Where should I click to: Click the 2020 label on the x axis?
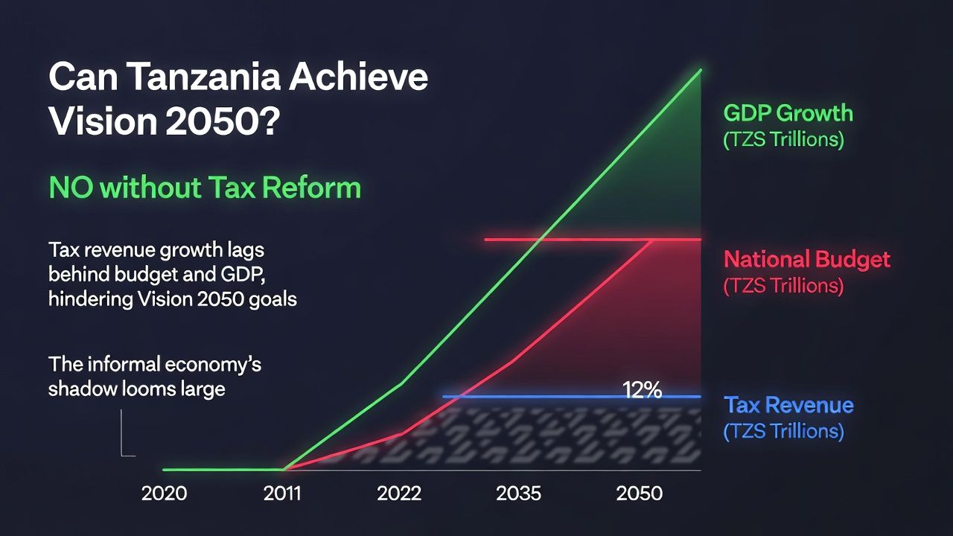pos(164,494)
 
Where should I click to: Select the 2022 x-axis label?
pos(399,494)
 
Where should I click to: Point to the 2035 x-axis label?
pos(518,494)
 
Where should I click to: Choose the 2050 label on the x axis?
pos(640,494)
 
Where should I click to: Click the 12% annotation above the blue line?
pos(642,390)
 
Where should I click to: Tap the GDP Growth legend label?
pos(788,114)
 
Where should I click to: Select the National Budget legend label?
pos(807,260)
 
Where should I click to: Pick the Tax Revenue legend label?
pos(788,406)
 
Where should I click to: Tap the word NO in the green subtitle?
pos(71,187)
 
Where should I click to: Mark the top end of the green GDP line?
pos(700,71)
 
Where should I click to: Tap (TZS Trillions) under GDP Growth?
pos(783,140)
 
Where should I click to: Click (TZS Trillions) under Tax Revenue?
pos(783,431)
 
